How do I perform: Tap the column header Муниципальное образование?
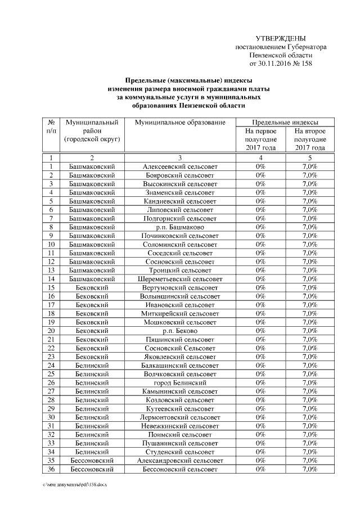tap(180, 122)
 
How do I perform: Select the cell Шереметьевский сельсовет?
tap(180, 279)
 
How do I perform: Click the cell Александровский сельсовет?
tap(180, 461)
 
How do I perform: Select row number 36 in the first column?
tap(51, 469)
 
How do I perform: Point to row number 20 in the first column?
tap(51, 331)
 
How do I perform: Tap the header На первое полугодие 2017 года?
tap(260, 139)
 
